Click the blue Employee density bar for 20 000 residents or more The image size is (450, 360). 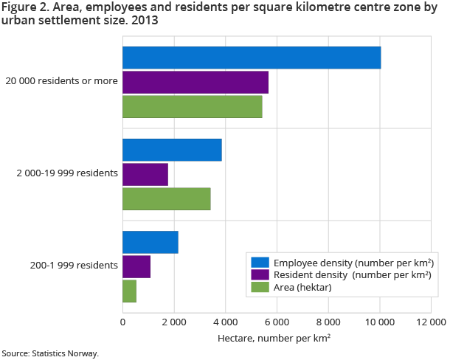coord(252,58)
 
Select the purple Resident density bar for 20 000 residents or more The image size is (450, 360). coord(195,83)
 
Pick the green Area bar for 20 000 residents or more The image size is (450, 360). coord(193,107)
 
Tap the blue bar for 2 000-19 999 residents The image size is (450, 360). coord(172,150)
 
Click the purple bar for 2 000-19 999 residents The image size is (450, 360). coord(145,174)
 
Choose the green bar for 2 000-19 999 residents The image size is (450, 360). coord(167,198)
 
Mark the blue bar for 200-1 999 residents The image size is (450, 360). coord(150,242)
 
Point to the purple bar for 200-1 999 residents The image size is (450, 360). coord(136,266)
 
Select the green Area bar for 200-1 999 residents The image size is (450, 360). coord(130,291)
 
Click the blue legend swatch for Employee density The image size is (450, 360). coord(260,263)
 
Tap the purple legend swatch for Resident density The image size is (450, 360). coord(260,275)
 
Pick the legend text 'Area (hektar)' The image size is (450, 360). coord(302,288)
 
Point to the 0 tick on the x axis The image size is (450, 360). coord(122,322)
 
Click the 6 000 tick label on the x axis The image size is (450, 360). coord(277,322)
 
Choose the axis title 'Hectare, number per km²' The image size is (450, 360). coord(274,338)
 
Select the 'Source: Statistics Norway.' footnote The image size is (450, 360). coord(50,353)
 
